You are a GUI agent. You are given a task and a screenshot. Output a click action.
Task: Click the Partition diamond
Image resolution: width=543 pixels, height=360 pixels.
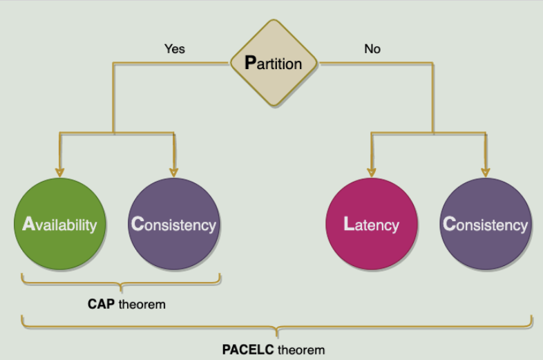274,63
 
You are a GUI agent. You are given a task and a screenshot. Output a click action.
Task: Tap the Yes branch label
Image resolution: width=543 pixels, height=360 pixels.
174,49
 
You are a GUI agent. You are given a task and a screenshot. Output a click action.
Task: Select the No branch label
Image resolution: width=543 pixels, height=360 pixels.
372,49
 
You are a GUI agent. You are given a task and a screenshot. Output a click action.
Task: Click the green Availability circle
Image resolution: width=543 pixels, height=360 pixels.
59,224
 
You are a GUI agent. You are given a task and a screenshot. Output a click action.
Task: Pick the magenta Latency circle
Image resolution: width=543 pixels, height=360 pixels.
372,224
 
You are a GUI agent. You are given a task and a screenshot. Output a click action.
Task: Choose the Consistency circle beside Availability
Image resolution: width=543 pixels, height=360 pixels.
173,224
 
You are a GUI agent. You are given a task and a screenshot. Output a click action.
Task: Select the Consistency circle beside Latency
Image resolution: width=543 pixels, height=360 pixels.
486,224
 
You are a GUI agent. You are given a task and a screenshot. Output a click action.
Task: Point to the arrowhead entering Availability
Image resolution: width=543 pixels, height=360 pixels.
59,172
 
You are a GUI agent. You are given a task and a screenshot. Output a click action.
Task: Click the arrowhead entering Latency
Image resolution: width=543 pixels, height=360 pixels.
372,172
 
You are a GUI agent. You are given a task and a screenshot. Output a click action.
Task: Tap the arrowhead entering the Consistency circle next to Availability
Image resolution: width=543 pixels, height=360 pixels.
173,172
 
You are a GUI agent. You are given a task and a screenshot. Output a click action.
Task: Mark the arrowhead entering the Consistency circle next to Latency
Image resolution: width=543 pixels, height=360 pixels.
486,172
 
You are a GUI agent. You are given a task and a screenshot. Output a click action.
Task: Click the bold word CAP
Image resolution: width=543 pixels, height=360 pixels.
101,304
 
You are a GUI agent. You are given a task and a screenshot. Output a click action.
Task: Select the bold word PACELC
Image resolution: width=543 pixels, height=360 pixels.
248,350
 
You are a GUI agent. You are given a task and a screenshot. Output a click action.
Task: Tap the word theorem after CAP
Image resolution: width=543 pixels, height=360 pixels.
142,304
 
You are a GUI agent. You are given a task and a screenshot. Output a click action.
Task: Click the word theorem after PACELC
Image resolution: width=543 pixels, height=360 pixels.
301,350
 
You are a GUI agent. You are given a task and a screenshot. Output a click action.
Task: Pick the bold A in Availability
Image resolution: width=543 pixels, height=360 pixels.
28,225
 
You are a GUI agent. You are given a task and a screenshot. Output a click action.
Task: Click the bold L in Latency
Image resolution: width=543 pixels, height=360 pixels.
349,225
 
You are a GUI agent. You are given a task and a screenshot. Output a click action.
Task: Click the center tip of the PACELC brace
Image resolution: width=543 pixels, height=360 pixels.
277,332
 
